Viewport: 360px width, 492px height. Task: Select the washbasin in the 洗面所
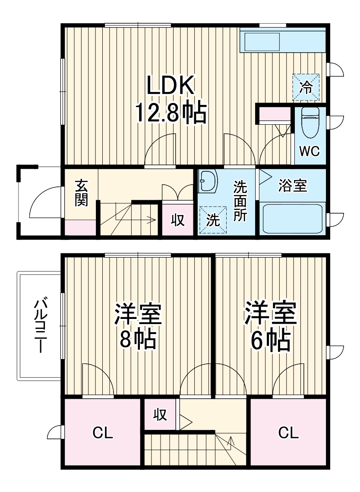coord(208,181)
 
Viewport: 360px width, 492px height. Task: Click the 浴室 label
coord(293,186)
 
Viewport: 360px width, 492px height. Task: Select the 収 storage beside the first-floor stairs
coord(177,220)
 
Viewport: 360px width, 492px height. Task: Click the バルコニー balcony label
coord(40,325)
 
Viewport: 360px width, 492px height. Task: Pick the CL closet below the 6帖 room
coord(288,433)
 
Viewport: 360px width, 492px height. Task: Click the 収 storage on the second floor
coord(159,415)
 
